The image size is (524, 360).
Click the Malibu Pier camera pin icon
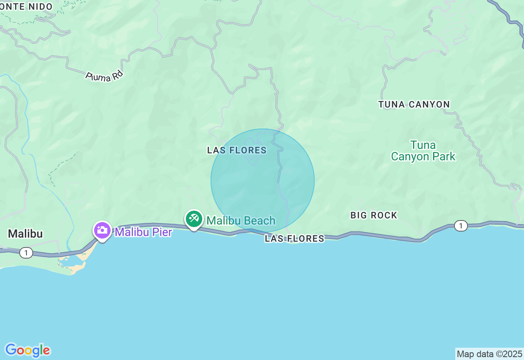point(102,230)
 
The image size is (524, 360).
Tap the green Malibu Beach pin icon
point(194,219)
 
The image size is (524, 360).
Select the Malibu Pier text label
point(143,232)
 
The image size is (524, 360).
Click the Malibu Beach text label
point(241,221)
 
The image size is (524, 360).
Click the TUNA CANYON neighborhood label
point(414,105)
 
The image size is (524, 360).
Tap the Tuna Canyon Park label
point(423,151)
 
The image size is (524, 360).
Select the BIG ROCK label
point(374,216)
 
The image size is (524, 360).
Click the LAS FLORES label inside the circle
point(237,151)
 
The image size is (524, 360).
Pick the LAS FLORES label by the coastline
point(294,239)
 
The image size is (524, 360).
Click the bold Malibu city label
point(25,234)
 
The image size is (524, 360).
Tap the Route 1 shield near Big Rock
point(461,225)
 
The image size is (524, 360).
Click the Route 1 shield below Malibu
point(26,253)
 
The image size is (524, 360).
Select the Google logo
point(27,350)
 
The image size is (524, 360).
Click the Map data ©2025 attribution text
point(489,354)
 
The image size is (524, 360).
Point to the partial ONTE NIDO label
point(26,7)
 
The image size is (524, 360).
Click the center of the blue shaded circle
point(262,180)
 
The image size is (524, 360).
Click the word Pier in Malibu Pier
point(160,232)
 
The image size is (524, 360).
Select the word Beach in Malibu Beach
point(259,221)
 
